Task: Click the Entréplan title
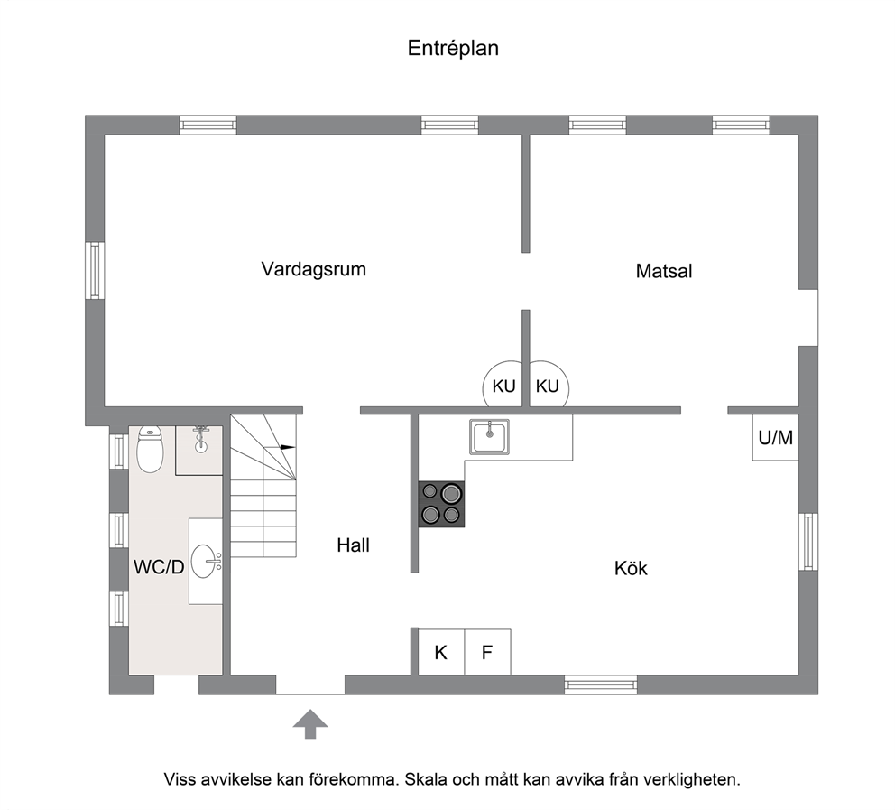[453, 48]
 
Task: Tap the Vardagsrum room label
[313, 269]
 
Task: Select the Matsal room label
[664, 271]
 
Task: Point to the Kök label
[631, 568]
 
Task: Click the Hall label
[354, 545]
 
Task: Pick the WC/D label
[159, 567]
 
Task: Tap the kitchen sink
[489, 437]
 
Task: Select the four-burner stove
[441, 504]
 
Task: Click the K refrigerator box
[441, 652]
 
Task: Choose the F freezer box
[487, 652]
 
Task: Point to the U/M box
[776, 438]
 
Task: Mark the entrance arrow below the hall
[310, 723]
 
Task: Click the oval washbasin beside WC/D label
[205, 561]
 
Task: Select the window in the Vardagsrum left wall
[95, 270]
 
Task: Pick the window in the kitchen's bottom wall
[601, 684]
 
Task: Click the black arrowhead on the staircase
[289, 447]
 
